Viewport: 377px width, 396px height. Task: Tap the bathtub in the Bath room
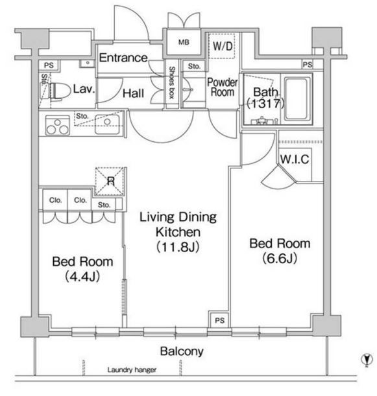tap(297, 99)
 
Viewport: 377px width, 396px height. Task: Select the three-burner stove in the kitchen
tap(57, 125)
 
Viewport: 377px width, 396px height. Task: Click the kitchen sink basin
tap(107, 124)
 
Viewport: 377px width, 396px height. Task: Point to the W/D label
tap(223, 46)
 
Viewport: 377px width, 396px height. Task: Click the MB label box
tap(184, 42)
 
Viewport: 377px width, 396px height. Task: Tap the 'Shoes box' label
tap(172, 82)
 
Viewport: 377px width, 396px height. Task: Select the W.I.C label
tap(295, 159)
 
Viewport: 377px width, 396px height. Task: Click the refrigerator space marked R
tap(110, 181)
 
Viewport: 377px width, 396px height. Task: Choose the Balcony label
tap(182, 351)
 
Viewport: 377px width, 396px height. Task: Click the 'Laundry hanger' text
tap(132, 370)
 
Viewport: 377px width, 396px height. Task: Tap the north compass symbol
tap(367, 360)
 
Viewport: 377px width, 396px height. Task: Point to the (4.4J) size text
tap(82, 277)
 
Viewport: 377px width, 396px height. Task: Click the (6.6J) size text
tap(280, 259)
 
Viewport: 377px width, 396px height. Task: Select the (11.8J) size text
tap(178, 247)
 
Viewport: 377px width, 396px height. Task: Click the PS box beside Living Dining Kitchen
tap(219, 320)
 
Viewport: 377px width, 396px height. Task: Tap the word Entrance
tap(123, 58)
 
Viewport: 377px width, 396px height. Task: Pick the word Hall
tap(133, 93)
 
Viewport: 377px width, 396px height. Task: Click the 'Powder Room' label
tap(223, 87)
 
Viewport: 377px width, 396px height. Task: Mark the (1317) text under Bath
tap(265, 103)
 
